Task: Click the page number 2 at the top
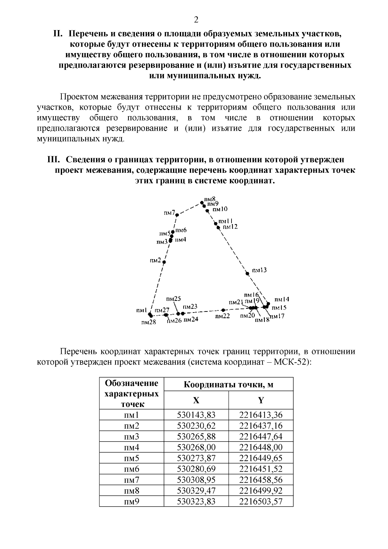(x=196, y=20)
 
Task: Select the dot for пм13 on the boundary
(x=248, y=274)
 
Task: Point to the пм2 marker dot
(x=164, y=262)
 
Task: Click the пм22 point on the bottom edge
(x=223, y=310)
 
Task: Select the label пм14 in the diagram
(x=282, y=300)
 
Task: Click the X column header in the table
(x=196, y=401)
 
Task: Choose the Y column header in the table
(x=261, y=401)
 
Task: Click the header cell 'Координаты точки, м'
(x=228, y=385)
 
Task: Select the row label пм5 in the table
(x=131, y=458)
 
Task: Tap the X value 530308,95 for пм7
(x=196, y=480)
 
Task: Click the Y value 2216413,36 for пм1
(x=261, y=415)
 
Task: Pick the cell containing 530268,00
(x=196, y=447)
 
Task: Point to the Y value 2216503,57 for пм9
(x=261, y=501)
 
